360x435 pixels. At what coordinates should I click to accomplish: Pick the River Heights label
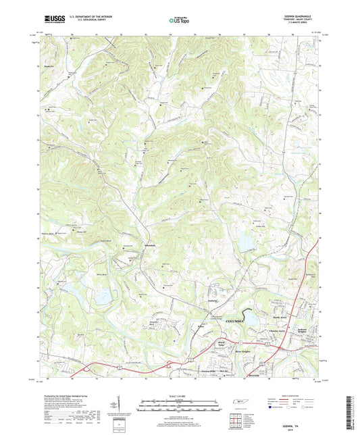click(x=242, y=351)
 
